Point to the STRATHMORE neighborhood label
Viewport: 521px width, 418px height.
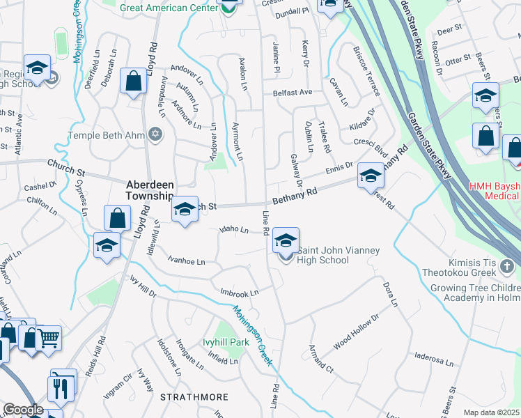coord(194,397)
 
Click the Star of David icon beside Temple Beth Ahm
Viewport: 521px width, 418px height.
coord(155,134)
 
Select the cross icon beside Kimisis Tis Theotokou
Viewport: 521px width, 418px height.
coord(507,266)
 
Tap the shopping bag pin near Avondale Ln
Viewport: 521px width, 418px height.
coord(132,82)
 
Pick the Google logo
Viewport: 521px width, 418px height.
coord(23,410)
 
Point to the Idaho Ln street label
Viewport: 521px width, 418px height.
coord(235,229)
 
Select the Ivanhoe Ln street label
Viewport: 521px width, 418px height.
coord(186,261)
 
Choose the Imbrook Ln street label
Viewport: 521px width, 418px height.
coord(239,293)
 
